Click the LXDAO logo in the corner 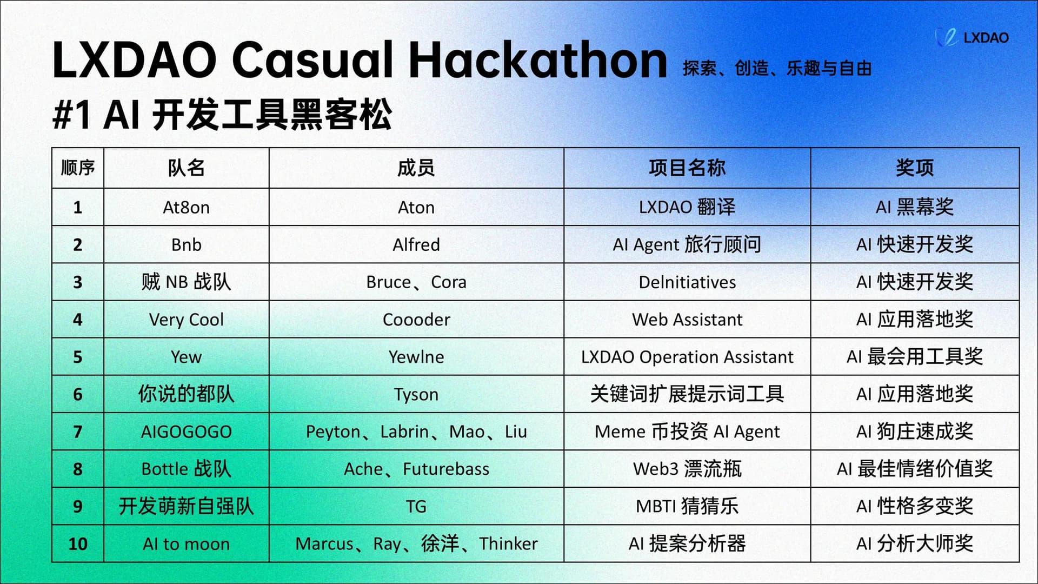[x=972, y=37]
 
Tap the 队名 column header [x=186, y=168]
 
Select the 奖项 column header [x=915, y=168]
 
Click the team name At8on [x=186, y=207]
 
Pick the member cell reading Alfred [x=416, y=244]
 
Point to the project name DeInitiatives [x=687, y=282]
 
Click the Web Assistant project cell [x=687, y=319]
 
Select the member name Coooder [x=416, y=319]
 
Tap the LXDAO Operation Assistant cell [x=687, y=357]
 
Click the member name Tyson [x=416, y=394]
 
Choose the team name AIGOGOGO [x=186, y=432]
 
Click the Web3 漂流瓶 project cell [x=687, y=469]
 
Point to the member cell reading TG [x=416, y=506]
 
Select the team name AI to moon [x=186, y=543]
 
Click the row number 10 [x=78, y=543]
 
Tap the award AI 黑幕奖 [x=915, y=207]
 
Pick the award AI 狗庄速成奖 [x=915, y=432]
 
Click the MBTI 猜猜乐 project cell [x=687, y=506]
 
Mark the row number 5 [x=78, y=357]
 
